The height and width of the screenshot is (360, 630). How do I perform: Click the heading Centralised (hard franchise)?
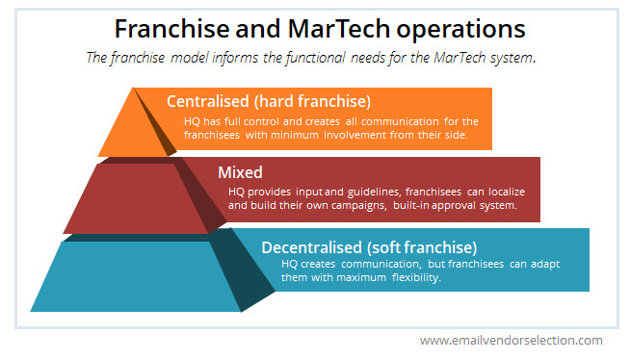[269, 101]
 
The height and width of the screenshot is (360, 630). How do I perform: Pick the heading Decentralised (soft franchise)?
[369, 246]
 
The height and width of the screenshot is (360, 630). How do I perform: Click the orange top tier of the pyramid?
[131, 131]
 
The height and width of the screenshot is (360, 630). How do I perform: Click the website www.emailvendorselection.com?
[511, 340]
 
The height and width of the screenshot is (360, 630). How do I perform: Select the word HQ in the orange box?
[192, 121]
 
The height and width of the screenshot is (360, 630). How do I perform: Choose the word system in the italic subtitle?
[511, 58]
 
